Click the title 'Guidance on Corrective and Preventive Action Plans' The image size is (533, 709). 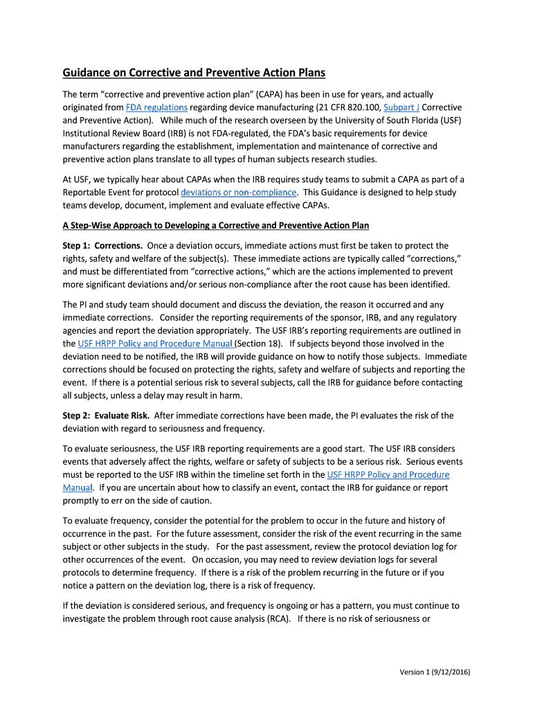click(x=194, y=73)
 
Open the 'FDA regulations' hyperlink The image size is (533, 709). click(x=157, y=107)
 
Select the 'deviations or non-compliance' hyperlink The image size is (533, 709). click(x=239, y=192)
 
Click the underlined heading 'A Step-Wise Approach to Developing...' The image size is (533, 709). click(x=216, y=226)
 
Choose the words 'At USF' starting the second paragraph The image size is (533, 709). click(x=76, y=179)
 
